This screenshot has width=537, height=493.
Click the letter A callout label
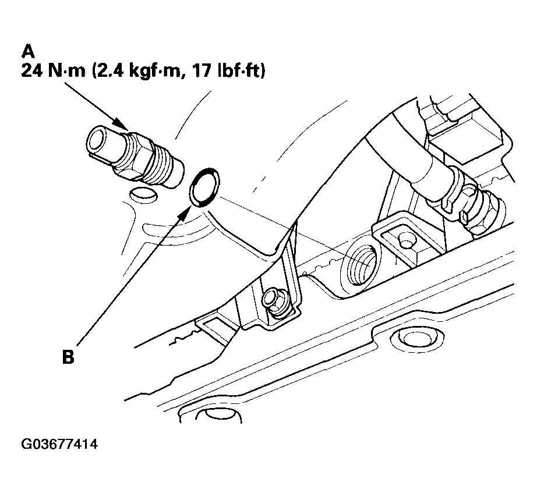click(28, 51)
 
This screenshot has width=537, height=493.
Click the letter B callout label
click(68, 357)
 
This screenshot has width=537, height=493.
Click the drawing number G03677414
click(59, 444)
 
